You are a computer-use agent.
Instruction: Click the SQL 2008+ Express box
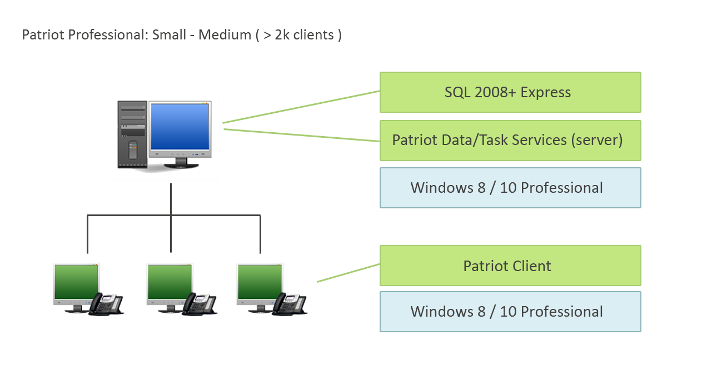click(x=510, y=92)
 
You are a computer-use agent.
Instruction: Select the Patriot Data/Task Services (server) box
click(x=510, y=141)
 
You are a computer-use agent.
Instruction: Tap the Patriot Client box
click(x=510, y=266)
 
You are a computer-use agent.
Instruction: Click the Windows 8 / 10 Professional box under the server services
click(x=510, y=188)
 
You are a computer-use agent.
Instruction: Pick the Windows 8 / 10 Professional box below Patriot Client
click(x=510, y=312)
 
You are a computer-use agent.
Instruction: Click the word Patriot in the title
click(x=43, y=34)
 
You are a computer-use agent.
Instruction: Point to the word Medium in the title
click(x=225, y=34)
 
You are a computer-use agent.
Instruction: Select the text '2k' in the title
click(x=282, y=34)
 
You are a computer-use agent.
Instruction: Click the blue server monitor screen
click(x=180, y=127)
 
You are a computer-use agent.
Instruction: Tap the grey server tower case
click(x=132, y=134)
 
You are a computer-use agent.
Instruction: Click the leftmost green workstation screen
click(x=76, y=282)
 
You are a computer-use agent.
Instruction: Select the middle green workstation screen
click(x=170, y=282)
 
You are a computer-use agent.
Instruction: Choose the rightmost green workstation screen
click(x=260, y=282)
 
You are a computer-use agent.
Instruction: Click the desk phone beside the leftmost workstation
click(x=106, y=304)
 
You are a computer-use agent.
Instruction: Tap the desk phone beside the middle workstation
click(x=200, y=304)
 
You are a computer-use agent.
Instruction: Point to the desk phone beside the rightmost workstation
click(x=290, y=304)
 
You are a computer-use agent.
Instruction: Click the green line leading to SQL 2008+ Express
click(x=301, y=107)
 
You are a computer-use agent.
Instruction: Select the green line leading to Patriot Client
click(x=348, y=273)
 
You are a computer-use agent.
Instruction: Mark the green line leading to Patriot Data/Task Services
click(x=302, y=135)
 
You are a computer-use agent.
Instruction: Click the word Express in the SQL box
click(x=545, y=92)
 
